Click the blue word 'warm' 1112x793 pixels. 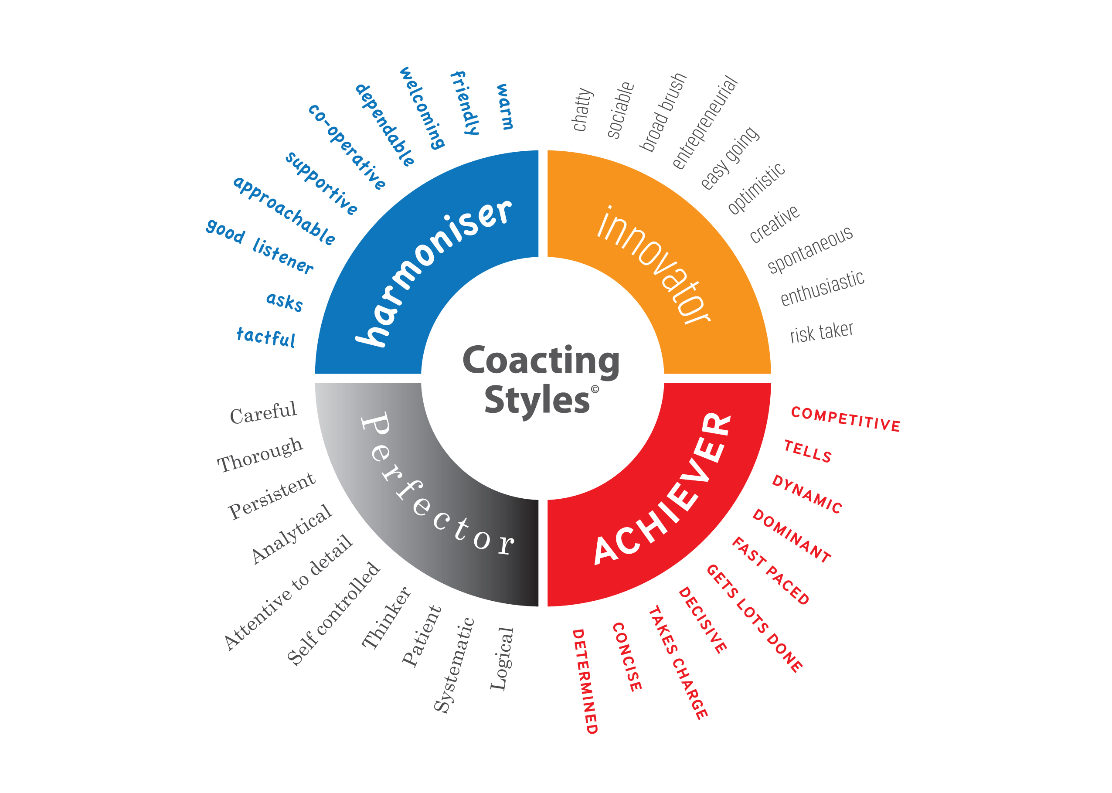click(505, 106)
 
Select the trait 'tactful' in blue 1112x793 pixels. click(266, 337)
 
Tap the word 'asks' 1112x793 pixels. click(285, 301)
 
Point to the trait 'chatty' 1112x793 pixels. click(582, 109)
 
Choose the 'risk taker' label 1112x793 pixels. click(822, 332)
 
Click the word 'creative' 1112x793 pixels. click(774, 224)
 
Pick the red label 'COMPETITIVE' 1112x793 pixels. click(846, 419)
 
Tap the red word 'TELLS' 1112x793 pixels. click(808, 451)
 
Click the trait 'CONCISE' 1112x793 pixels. click(627, 657)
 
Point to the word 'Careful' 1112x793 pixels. click(263, 413)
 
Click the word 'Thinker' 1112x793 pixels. click(386, 618)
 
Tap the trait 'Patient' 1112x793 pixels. click(421, 636)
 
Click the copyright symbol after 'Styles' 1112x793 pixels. click(595, 389)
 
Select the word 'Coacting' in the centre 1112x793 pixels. click(541, 361)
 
